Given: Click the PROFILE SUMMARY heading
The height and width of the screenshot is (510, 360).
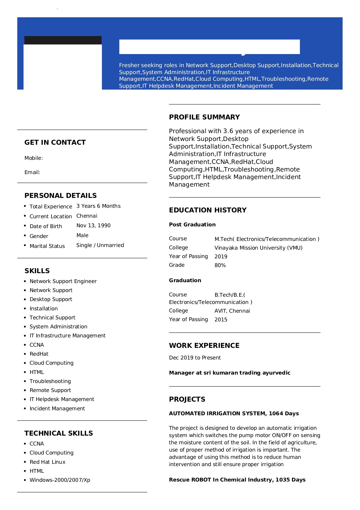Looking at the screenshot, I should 204,117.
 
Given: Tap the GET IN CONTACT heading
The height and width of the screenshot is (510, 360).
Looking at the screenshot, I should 55,142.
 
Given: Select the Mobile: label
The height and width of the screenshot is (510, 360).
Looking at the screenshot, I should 34,158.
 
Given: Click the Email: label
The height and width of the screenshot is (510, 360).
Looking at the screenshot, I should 33,172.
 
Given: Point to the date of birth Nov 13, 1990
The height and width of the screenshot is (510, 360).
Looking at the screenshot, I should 93,226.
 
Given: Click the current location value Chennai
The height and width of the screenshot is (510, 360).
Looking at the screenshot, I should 87,216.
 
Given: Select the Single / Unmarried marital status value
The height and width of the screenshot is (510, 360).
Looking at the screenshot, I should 100,245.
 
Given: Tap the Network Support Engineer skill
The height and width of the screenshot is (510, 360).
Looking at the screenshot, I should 63,281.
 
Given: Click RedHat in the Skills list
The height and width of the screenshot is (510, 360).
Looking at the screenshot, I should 39,354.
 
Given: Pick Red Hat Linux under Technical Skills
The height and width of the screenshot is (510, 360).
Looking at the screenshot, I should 47,462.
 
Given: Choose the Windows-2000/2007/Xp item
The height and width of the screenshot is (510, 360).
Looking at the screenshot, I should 60,480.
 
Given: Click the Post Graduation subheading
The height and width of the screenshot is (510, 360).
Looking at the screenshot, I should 192,225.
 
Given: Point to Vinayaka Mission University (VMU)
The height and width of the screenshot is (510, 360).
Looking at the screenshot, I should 258,248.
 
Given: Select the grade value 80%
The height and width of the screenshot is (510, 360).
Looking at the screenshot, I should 220,265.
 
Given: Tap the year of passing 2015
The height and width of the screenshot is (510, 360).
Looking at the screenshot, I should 221,320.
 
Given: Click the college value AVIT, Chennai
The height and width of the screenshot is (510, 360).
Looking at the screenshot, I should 232,311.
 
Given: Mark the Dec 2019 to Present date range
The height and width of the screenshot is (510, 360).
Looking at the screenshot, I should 195,358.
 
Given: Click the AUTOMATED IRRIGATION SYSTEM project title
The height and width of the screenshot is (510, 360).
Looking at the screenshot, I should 234,414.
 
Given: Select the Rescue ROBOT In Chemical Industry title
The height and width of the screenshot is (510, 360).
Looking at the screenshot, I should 237,480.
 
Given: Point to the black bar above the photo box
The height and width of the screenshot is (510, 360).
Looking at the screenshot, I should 63,40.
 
